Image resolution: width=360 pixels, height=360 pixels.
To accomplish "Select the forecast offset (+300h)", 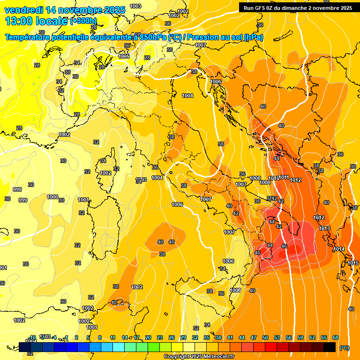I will tap(83, 21).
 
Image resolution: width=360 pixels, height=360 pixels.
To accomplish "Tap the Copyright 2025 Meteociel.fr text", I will tap(199, 357).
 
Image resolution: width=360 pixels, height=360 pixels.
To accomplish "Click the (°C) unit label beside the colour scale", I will tap(344, 348).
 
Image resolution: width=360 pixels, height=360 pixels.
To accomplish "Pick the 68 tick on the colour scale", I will tap(336, 337).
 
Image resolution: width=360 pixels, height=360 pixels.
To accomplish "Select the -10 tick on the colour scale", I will tap(32, 337).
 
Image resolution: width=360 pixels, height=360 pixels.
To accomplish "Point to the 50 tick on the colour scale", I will tap(265, 337).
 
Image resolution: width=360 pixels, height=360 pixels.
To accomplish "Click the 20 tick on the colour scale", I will tap(148, 337).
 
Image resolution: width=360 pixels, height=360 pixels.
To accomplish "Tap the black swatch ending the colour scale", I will tap(330, 347).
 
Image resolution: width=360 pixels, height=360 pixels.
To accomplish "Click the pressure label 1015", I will tap(353, 263).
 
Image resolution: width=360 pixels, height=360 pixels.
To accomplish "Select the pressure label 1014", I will tap(339, 249).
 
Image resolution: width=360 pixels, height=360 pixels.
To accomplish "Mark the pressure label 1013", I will tap(324, 228).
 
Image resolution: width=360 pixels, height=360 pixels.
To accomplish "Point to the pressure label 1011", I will tap(284, 177).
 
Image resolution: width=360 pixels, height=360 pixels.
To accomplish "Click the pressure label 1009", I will tap(265, 182).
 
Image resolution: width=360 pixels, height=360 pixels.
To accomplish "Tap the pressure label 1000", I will tap(52, 197).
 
